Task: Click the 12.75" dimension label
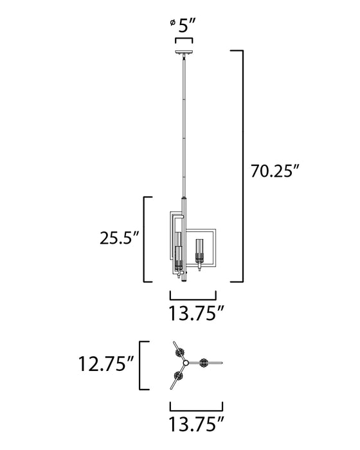tap(105, 365)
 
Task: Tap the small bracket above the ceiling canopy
tap(184, 40)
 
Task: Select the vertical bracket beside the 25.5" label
tap(145, 239)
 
